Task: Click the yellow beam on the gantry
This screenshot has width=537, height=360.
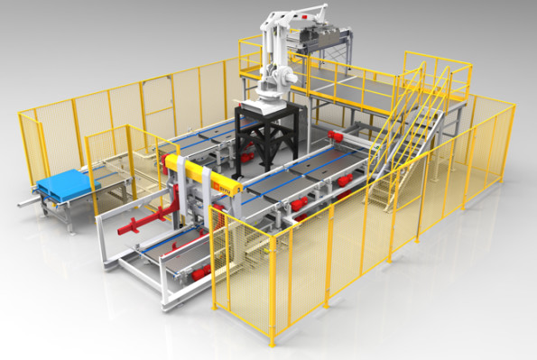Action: pyautogui.click(x=204, y=176)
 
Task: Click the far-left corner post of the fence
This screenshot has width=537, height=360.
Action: pyautogui.click(x=22, y=149)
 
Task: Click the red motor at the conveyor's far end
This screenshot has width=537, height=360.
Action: pyautogui.click(x=338, y=135)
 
